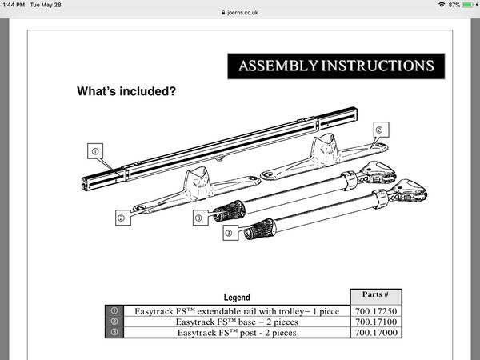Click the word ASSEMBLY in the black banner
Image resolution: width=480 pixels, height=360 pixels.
coord(278,66)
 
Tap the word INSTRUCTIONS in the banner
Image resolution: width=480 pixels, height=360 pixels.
coord(378,66)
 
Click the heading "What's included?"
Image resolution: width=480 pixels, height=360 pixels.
coord(126,91)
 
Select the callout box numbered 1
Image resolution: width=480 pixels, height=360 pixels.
coord(95,151)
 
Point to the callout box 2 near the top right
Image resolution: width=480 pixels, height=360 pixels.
coord(382,130)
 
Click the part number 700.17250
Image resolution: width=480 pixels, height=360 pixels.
coord(376,311)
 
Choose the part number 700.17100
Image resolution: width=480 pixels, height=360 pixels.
coord(376,322)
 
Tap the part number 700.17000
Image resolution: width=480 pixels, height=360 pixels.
coord(376,333)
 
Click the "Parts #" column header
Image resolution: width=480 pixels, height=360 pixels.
coord(375,294)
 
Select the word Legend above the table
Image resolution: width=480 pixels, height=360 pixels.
coord(237,298)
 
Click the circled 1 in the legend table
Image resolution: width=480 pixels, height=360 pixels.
coord(114,310)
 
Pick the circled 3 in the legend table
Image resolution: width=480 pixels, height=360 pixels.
coord(114,332)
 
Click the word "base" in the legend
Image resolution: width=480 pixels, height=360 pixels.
coord(246,322)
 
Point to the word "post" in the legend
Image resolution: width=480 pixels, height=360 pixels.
coord(247,333)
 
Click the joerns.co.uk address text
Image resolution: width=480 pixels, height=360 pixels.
coord(242,13)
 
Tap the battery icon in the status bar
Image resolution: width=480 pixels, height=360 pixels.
coord(469,5)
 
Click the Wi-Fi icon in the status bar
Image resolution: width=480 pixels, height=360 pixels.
coord(442,5)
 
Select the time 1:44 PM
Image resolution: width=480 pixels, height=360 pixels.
coord(14,5)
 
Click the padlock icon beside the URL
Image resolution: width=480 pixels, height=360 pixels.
coord(223,13)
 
